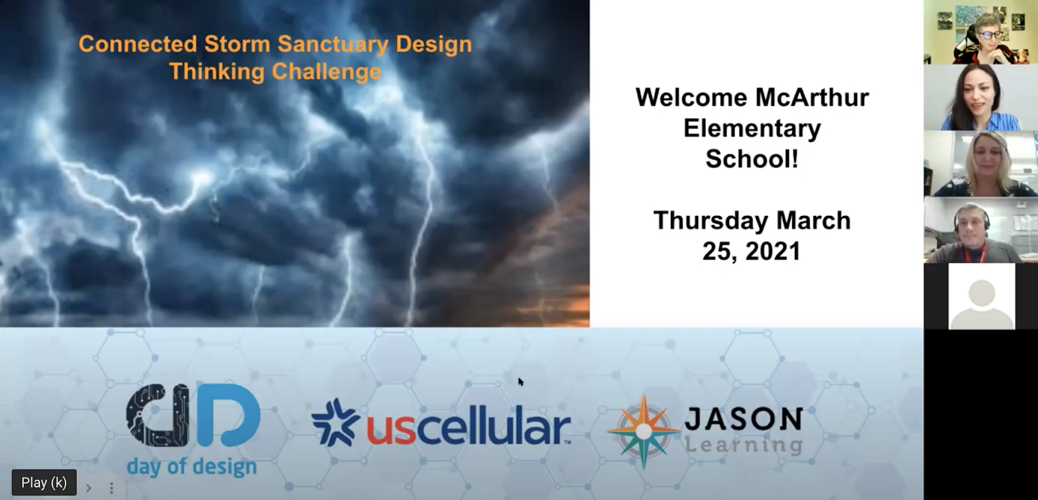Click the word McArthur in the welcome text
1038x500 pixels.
[x=812, y=97]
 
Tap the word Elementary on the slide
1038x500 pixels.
[x=752, y=129]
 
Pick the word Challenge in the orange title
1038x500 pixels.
[x=326, y=71]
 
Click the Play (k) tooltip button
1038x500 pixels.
[x=44, y=482]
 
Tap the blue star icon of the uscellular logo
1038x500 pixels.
[x=335, y=422]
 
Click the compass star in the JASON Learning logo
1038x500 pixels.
[x=643, y=431]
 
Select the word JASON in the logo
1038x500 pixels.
[x=743, y=418]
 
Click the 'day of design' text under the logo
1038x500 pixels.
[x=191, y=466]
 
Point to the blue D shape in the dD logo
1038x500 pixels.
[x=226, y=416]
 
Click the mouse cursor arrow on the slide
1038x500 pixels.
[x=521, y=382]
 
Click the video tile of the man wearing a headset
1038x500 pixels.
[x=980, y=230]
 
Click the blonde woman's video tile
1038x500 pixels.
[x=980, y=164]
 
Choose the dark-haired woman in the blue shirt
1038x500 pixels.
[x=980, y=98]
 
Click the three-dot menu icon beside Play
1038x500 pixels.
[x=111, y=488]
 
